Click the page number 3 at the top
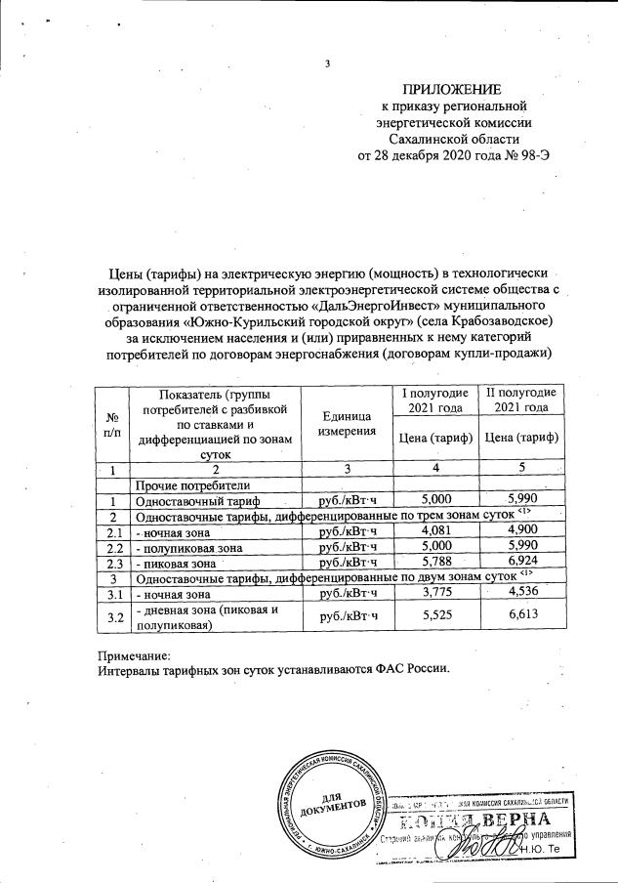click(328, 65)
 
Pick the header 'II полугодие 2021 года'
click(521, 399)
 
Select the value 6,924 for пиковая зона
click(521, 563)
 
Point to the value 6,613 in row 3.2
click(521, 617)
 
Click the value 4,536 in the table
click(521, 593)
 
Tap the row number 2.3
click(114, 563)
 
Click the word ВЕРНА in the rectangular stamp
click(533, 818)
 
